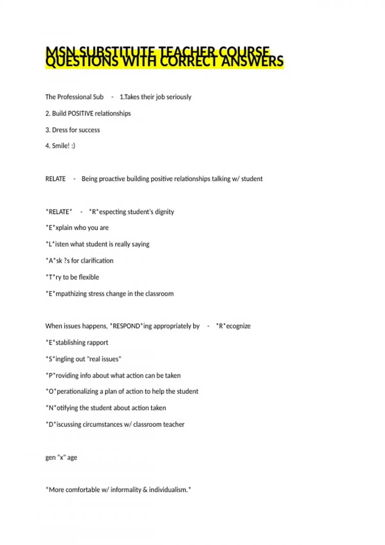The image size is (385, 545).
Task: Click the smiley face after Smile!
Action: click(x=73, y=146)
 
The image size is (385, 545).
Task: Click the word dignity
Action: click(x=164, y=212)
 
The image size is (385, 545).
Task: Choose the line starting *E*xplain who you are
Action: click(x=77, y=228)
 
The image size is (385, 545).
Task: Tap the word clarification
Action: click(x=97, y=261)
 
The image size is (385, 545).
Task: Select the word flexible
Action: click(x=89, y=277)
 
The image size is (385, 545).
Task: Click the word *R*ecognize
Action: click(x=233, y=326)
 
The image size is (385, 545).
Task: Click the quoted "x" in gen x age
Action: click(x=61, y=457)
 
